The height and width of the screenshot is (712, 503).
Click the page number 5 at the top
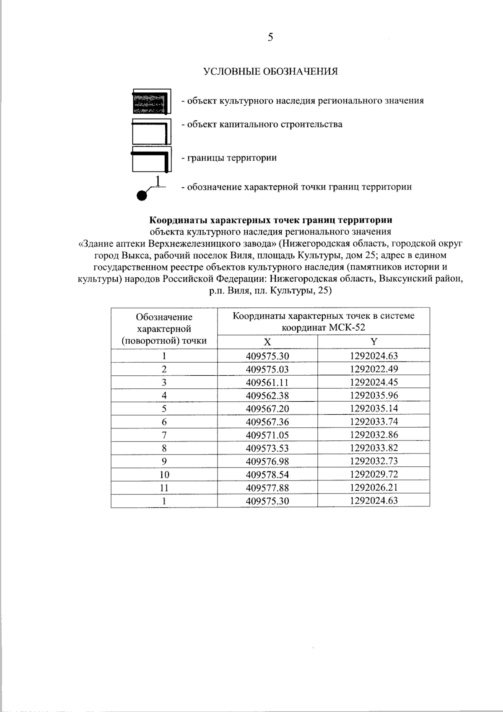point(270,38)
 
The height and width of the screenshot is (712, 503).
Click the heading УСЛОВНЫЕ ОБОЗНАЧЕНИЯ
point(270,71)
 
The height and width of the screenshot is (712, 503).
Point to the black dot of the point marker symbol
point(142,195)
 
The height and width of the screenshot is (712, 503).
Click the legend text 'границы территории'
point(229,158)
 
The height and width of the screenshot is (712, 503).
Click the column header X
point(267,342)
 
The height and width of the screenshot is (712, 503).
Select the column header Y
point(374,342)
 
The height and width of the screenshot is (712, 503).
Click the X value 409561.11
point(267,382)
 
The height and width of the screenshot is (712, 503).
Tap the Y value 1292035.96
point(374,395)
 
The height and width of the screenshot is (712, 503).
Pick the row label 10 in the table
point(164,475)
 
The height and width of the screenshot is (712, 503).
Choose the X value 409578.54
point(267,475)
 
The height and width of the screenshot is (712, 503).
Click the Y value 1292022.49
point(374,369)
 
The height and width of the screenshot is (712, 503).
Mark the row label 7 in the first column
point(164,435)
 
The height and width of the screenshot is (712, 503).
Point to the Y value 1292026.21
point(374,488)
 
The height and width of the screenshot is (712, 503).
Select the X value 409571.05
point(267,435)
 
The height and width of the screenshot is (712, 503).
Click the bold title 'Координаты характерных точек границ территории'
point(271,220)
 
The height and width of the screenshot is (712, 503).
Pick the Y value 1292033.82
point(374,448)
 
